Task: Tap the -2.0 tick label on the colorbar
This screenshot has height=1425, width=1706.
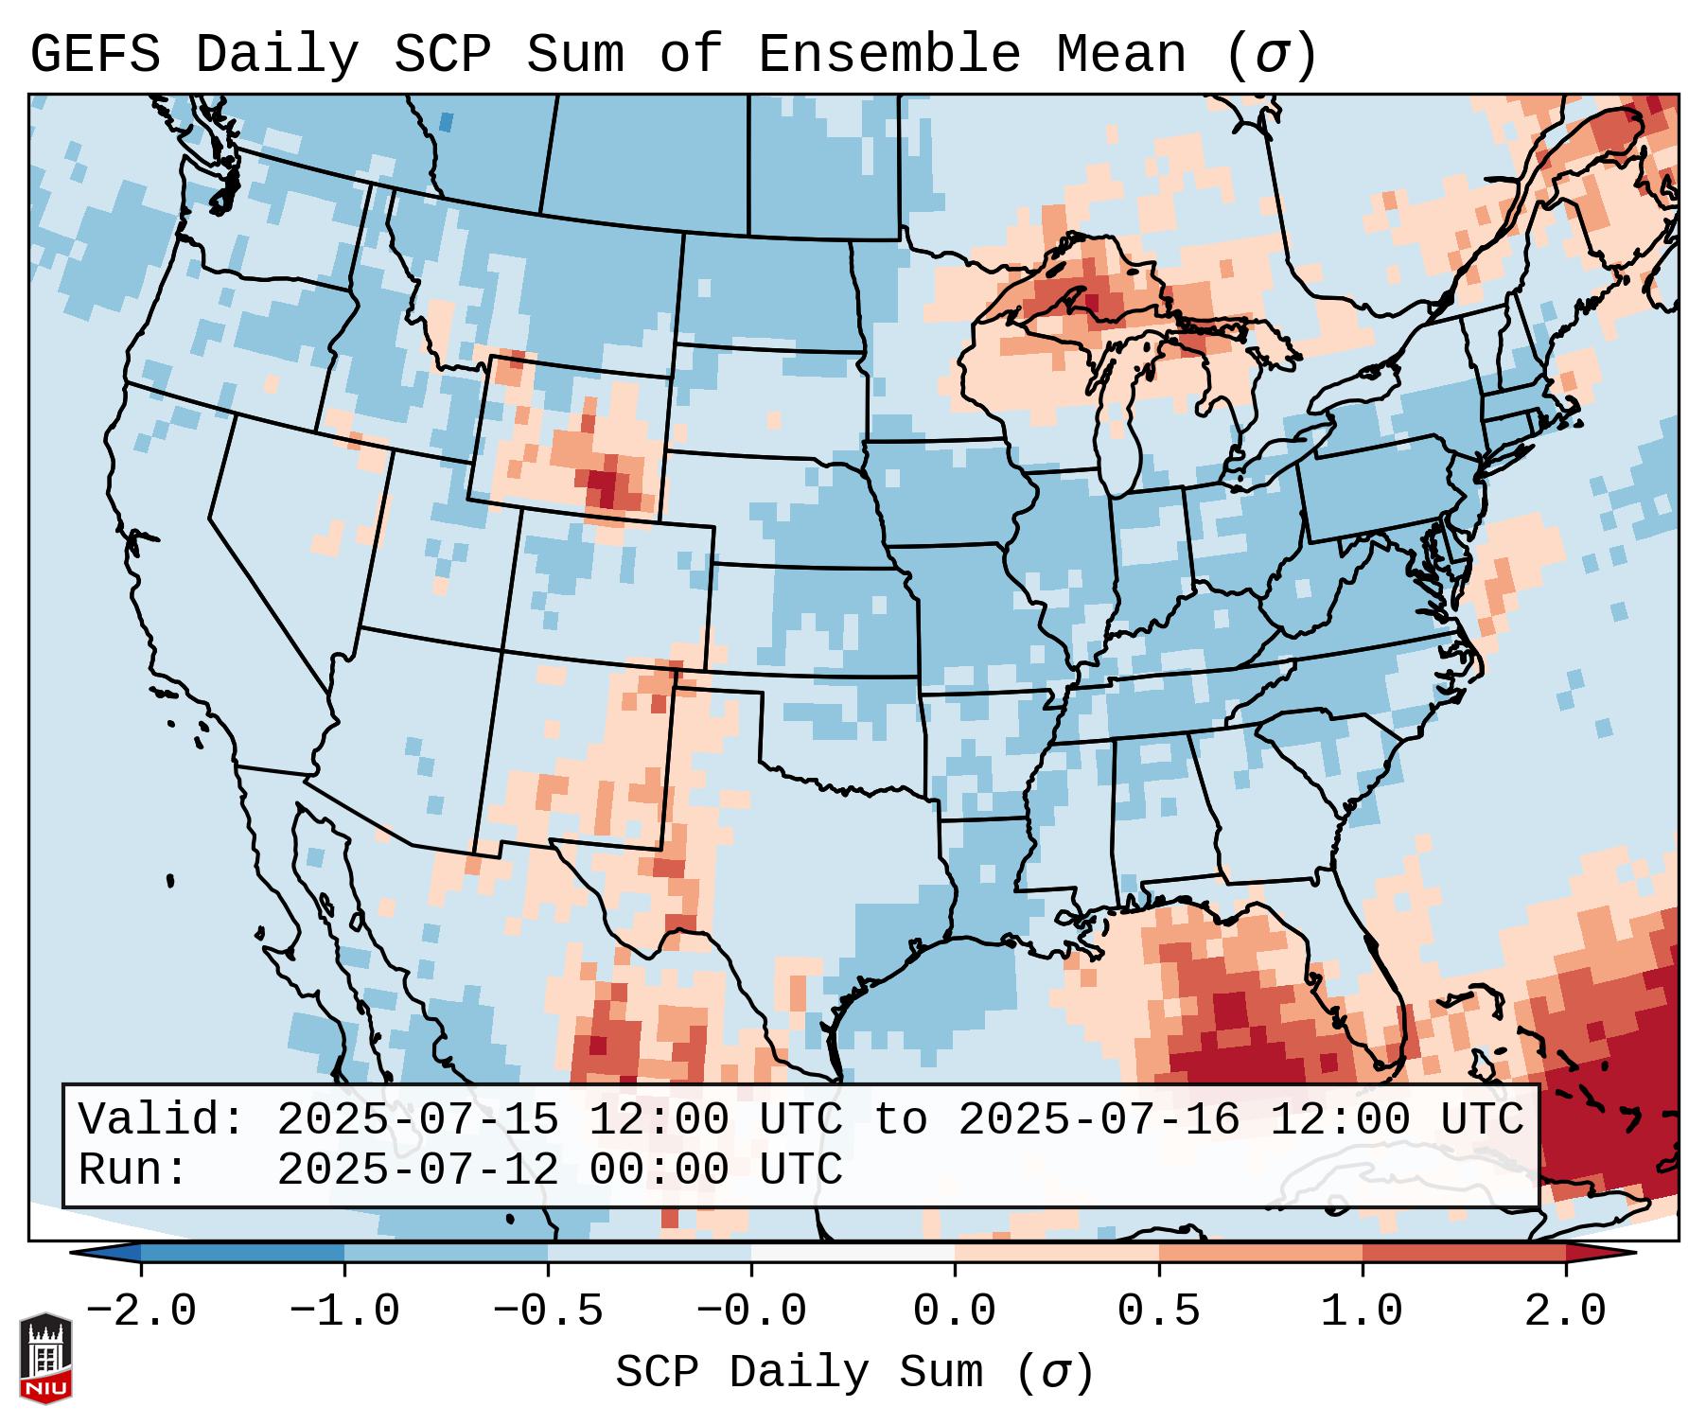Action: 141,1311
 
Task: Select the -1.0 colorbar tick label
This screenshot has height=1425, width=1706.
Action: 344,1311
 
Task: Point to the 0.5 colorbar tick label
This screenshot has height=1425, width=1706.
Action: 1159,1311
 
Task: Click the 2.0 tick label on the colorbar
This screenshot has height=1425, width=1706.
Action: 1566,1311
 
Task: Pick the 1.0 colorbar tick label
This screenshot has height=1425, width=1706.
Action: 1363,1311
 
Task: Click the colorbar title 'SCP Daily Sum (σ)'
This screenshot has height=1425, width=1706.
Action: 854,1372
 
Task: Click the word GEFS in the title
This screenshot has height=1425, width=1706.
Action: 96,55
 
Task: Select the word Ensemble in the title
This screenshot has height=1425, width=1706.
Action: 889,55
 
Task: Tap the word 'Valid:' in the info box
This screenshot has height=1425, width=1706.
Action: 162,1119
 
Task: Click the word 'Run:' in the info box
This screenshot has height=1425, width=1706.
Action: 133,1170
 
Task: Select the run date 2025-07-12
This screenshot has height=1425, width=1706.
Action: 417,1170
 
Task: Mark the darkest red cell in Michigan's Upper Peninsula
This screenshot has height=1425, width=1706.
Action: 1092,304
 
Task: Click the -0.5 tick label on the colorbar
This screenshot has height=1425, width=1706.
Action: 548,1311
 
